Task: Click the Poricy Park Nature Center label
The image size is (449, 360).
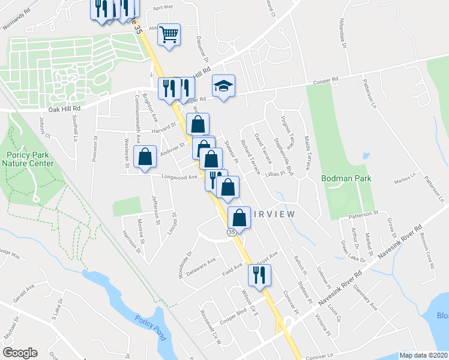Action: coord(28,159)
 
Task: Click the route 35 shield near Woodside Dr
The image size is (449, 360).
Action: coord(232,232)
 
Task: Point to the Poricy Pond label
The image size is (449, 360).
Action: coord(149,328)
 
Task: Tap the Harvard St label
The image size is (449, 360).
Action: coord(166,127)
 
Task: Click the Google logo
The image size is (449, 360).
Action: coord(20,353)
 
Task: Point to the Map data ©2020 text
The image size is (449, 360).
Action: coord(423,355)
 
